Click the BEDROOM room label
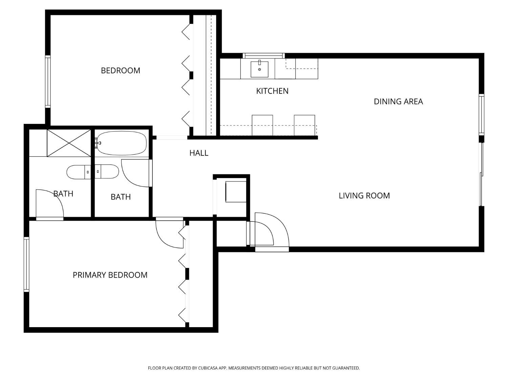[121, 70]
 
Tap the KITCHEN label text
[272, 91]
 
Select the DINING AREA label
[398, 102]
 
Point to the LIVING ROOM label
[364, 196]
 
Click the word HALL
[199, 153]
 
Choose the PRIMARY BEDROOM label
[110, 275]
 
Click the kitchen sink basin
[259, 69]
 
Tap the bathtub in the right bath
[122, 143]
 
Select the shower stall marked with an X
[69, 143]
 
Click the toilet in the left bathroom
[78, 172]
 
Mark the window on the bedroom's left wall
[48, 82]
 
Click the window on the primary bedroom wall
[26, 264]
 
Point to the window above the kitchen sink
[263, 56]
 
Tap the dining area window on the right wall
[481, 115]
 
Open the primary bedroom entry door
[169, 234]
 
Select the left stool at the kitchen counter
[262, 125]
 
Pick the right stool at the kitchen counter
[304, 125]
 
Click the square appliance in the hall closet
[236, 192]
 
